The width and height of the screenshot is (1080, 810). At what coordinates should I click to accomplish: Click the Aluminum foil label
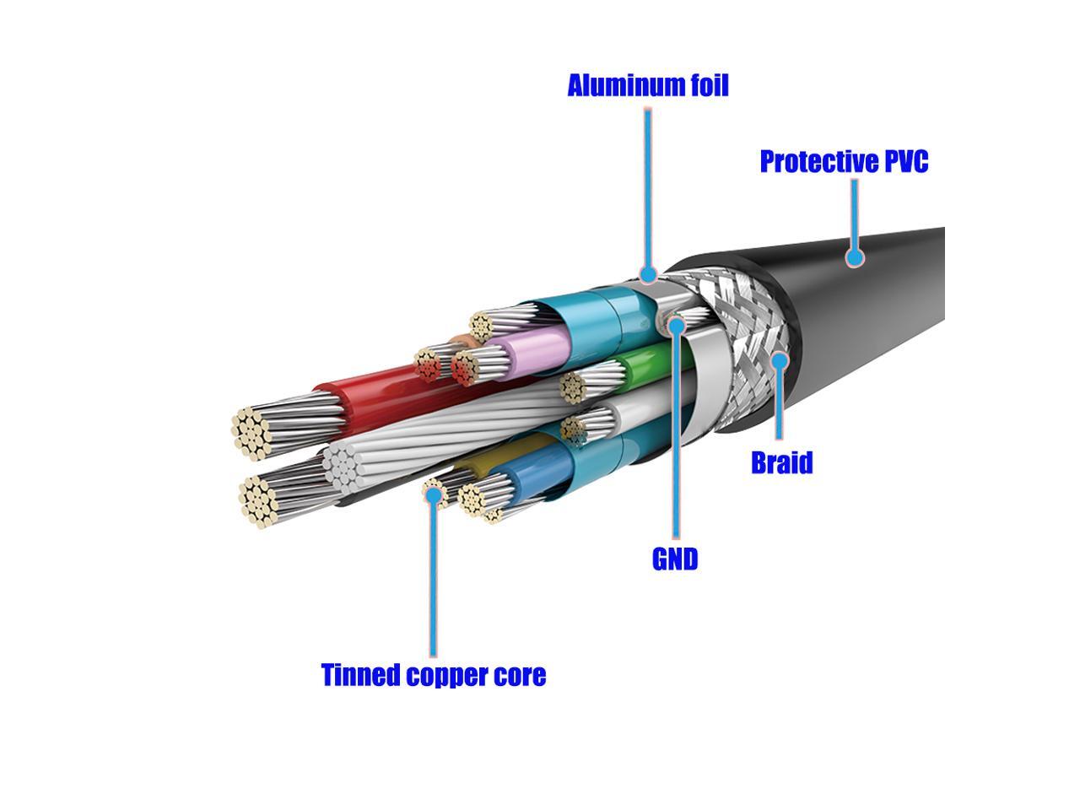[647, 85]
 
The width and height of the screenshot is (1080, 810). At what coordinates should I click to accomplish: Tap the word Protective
[814, 161]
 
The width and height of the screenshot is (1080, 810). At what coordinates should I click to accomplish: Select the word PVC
[900, 161]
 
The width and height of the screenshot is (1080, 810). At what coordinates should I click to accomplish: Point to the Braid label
[781, 462]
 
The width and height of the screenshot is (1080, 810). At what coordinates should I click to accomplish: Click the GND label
[675, 559]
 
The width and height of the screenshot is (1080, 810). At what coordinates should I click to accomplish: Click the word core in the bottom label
[521, 675]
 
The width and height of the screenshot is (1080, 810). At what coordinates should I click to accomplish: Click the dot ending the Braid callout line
[780, 361]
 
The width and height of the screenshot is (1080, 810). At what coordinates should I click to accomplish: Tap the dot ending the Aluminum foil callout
[648, 273]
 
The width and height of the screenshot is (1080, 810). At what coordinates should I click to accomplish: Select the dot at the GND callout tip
[676, 324]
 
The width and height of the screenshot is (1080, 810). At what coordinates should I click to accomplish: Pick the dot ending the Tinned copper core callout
[433, 495]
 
